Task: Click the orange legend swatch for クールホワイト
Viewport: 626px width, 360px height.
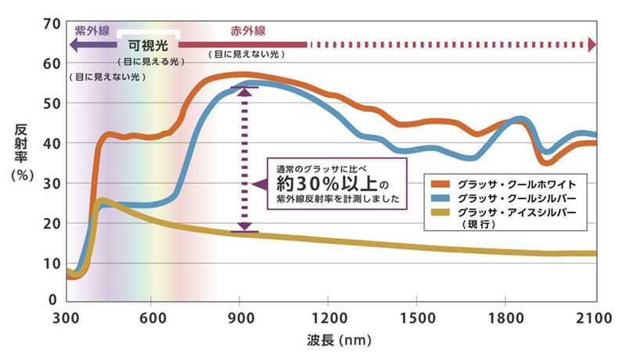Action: click(442, 183)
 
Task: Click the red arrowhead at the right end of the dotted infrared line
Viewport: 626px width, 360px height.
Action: click(592, 44)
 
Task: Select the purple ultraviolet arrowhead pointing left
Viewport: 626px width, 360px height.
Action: click(73, 45)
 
